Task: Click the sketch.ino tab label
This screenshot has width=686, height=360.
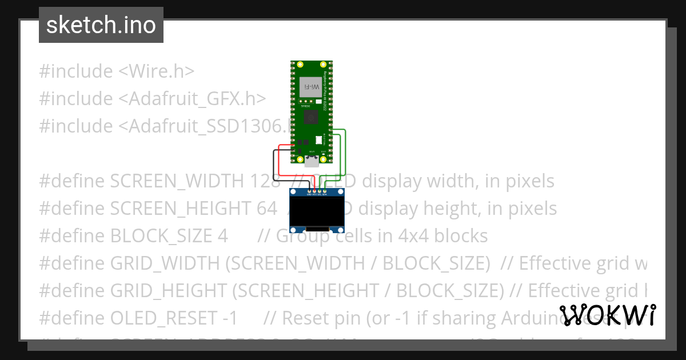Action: click(101, 25)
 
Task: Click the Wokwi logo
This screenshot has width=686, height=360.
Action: click(607, 315)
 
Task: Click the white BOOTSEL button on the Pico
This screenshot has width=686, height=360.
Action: click(319, 139)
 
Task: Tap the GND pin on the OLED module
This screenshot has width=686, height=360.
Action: click(309, 190)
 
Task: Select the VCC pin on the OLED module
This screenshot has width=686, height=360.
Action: click(314, 190)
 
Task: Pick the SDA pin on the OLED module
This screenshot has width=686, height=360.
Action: click(325, 190)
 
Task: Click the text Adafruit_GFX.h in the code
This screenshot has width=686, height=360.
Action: click(192, 99)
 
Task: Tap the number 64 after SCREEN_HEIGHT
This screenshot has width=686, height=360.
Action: click(267, 209)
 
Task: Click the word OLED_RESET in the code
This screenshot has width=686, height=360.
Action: click(161, 318)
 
